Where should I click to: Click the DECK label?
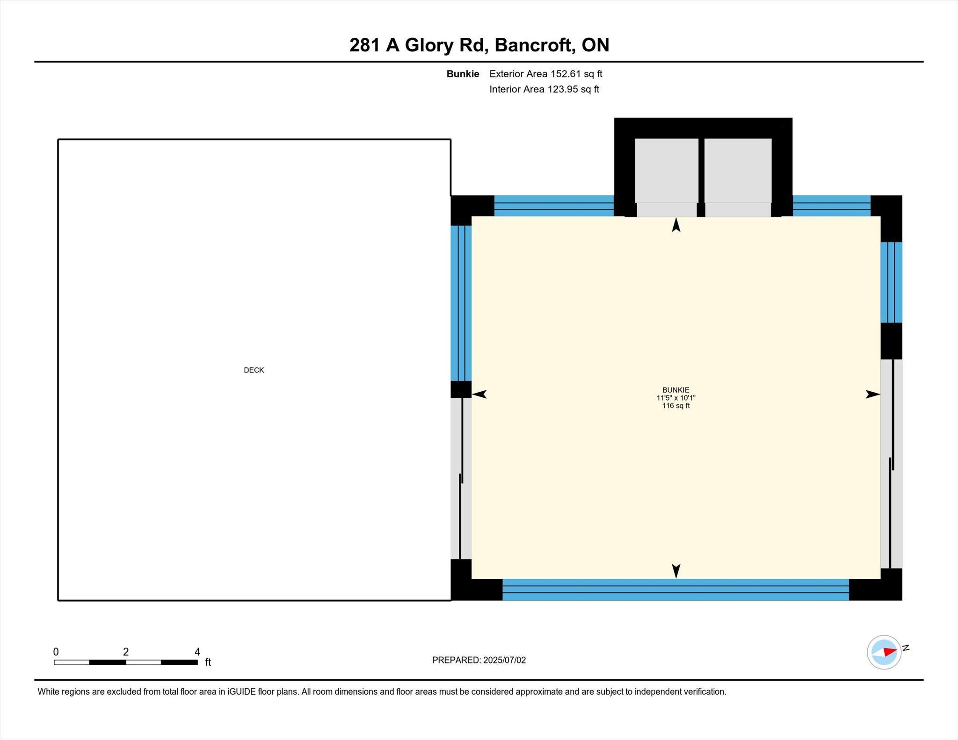(254, 370)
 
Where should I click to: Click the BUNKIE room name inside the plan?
(675, 390)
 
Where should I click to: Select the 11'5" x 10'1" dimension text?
(676, 398)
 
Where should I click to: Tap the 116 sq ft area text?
(676, 406)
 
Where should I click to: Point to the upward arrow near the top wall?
(676, 225)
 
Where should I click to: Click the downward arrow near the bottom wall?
(676, 571)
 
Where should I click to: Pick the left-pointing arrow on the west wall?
(479, 394)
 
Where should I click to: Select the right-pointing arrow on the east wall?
(873, 394)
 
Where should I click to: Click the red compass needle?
(890, 652)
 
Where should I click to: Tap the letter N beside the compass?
(906, 648)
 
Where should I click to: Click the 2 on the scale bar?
(126, 652)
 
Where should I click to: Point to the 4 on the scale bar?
(197, 652)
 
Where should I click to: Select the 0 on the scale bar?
(56, 652)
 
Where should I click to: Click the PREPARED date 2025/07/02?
(505, 660)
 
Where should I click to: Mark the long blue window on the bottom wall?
(675, 589)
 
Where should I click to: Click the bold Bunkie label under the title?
(463, 74)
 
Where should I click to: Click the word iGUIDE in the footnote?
(242, 692)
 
